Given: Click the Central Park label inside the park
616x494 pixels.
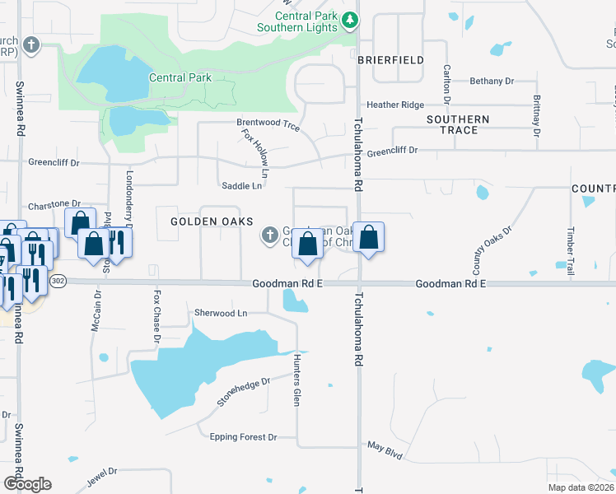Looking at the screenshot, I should point(180,78).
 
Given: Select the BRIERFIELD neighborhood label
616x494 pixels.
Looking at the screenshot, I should point(391,60).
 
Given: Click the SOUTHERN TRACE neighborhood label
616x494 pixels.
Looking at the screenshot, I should point(458,124).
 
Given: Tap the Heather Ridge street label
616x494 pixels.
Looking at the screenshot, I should point(395,105).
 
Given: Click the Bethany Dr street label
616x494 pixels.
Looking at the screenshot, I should point(492,82).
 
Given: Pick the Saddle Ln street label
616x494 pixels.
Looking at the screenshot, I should point(241,186).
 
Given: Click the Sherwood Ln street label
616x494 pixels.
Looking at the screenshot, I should point(221,313).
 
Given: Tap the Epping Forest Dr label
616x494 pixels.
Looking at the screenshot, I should point(243,437).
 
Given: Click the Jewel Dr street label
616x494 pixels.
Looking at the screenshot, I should point(102,476).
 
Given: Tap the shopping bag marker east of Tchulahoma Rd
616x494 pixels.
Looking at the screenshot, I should point(368,237).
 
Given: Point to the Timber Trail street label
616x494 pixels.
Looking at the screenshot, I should point(569,245).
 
